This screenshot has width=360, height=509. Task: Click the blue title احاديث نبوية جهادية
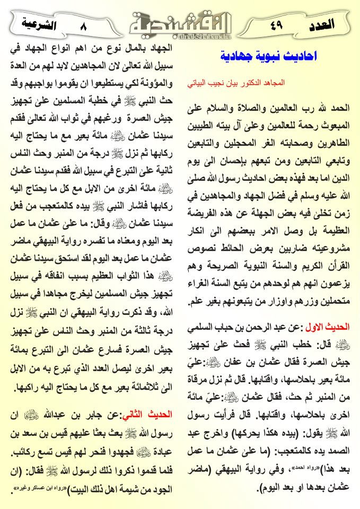267,56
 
